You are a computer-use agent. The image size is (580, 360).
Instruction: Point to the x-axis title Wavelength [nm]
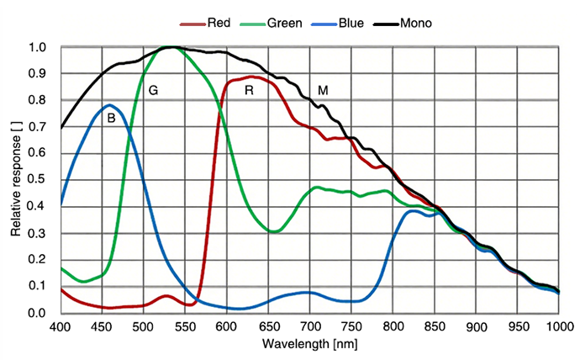[x=309, y=344]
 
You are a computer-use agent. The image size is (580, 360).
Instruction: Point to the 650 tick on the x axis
[x=268, y=326]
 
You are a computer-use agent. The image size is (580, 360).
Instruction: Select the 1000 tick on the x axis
[x=558, y=326]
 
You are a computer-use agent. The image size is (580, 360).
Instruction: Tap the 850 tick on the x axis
[x=435, y=326]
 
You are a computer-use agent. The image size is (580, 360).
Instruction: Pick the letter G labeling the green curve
[x=153, y=90]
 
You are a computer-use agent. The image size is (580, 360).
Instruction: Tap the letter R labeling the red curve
[x=249, y=90]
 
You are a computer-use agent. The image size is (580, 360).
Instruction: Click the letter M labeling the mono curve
[x=323, y=90]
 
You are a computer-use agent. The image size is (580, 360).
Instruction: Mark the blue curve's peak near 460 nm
[x=109, y=105]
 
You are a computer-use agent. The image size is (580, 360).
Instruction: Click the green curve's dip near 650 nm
[x=272, y=231]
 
